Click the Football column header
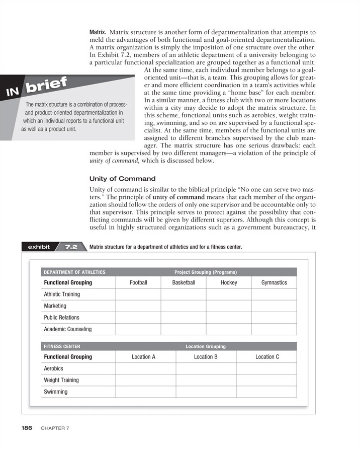(x=138, y=282)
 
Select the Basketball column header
(x=184, y=282)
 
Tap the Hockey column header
(x=229, y=282)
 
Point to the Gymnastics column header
(x=274, y=282)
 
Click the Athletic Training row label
(x=62, y=294)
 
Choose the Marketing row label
(x=55, y=306)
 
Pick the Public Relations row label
(x=61, y=318)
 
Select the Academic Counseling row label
(x=68, y=329)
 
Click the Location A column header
(x=143, y=356)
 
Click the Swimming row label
(x=56, y=392)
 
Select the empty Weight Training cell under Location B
(x=206, y=380)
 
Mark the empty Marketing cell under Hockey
(x=229, y=306)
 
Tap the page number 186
(x=27, y=428)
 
